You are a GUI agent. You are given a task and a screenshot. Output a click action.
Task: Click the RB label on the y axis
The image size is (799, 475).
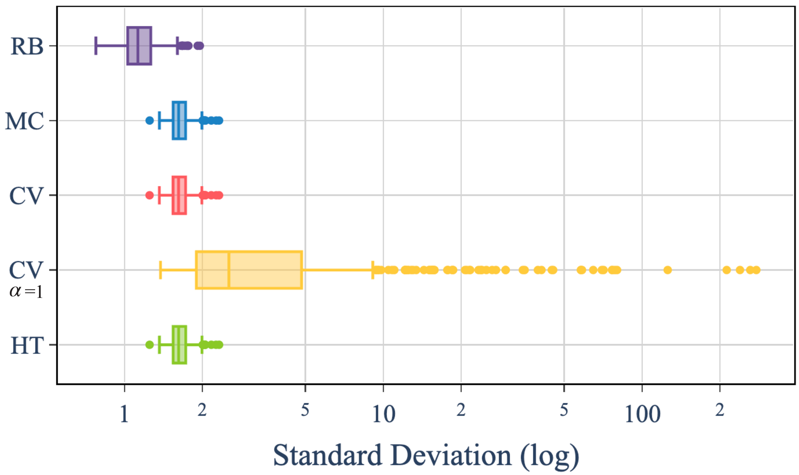tap(27, 47)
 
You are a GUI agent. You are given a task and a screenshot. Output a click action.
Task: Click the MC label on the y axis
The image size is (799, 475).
tap(25, 121)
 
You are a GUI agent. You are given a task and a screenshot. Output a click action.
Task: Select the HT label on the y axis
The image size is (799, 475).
tap(27, 346)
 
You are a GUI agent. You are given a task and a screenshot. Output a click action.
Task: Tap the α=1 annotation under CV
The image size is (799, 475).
tap(26, 291)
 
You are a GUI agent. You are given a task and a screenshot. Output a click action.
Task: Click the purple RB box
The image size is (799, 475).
tap(139, 46)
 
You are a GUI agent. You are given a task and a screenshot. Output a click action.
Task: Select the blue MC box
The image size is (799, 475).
tap(179, 121)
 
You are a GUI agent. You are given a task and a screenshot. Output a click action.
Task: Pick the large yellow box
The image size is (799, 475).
tap(249, 270)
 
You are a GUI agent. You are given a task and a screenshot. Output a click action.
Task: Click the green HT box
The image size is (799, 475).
tap(179, 345)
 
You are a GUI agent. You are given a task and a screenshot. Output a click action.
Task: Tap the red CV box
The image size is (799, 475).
tap(179, 195)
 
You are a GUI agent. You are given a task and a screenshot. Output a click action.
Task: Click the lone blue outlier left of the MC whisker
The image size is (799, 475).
tap(150, 121)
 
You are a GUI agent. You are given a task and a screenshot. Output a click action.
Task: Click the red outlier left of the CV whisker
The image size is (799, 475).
tap(150, 195)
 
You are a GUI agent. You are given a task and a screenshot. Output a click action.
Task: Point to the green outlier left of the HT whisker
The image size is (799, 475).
tap(150, 345)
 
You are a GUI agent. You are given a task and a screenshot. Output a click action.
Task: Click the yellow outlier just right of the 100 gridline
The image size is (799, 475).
tap(668, 270)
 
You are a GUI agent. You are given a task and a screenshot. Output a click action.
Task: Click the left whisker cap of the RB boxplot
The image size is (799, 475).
tap(96, 46)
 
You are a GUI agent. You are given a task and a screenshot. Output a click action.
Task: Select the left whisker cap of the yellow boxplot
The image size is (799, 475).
tap(160, 270)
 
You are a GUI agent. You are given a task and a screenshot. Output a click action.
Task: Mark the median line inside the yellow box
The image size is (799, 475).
tap(229, 270)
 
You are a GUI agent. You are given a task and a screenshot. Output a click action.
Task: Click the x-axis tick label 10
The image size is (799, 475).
tap(383, 414)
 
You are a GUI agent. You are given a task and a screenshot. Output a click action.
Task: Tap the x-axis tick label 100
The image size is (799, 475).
tap(642, 414)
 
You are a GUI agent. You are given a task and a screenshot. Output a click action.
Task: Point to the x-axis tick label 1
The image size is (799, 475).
tap(124, 414)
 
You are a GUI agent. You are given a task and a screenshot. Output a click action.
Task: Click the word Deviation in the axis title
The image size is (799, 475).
tap(451, 456)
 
